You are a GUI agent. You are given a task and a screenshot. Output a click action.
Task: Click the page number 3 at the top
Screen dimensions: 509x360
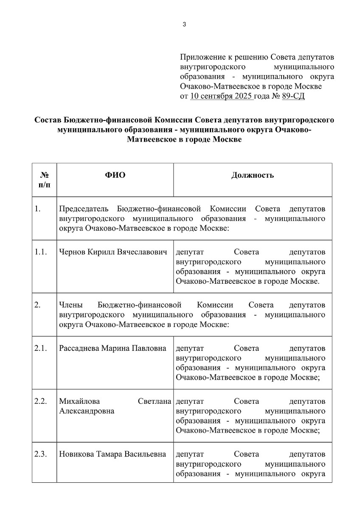pyautogui.click(x=184, y=24)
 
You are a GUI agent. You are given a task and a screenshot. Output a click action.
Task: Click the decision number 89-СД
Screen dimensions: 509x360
pyautogui.click(x=292, y=96)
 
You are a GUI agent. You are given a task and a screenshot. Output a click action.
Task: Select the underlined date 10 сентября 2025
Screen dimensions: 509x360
pyautogui.click(x=222, y=96)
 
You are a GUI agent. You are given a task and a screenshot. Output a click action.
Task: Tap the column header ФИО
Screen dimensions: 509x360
pyautogui.click(x=115, y=175)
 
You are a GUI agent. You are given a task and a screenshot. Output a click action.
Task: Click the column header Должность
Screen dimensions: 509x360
pyautogui.click(x=252, y=175)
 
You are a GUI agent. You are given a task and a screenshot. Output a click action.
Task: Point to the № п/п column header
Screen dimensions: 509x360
pyautogui.click(x=44, y=180)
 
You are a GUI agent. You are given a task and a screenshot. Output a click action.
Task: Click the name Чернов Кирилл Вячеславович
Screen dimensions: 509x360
pyautogui.click(x=115, y=252)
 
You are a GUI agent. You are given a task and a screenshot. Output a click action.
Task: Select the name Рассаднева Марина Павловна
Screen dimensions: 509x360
pyautogui.click(x=112, y=348)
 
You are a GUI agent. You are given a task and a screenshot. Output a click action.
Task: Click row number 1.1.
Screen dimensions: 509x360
pyautogui.click(x=41, y=252)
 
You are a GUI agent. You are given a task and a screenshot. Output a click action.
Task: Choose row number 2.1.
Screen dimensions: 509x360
pyautogui.click(x=41, y=348)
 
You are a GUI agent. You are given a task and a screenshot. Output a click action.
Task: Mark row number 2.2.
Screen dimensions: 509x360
pyautogui.click(x=41, y=401)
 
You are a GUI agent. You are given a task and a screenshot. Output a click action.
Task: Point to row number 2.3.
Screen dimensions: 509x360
pyautogui.click(x=41, y=454)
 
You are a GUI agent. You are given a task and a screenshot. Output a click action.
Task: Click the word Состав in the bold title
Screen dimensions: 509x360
pyautogui.click(x=49, y=120)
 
